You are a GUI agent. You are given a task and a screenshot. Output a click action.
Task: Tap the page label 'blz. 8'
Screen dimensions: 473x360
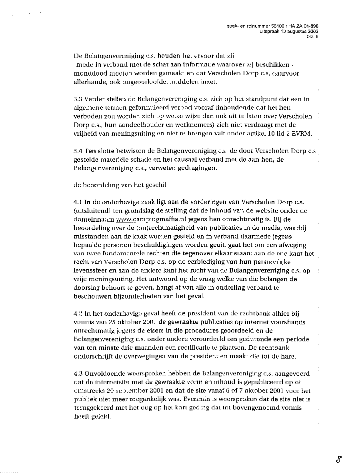point(312,36)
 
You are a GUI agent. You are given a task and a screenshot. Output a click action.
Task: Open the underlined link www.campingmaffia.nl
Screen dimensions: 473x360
point(147,220)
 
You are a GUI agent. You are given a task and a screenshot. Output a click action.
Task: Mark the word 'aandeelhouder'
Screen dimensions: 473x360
point(130,125)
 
